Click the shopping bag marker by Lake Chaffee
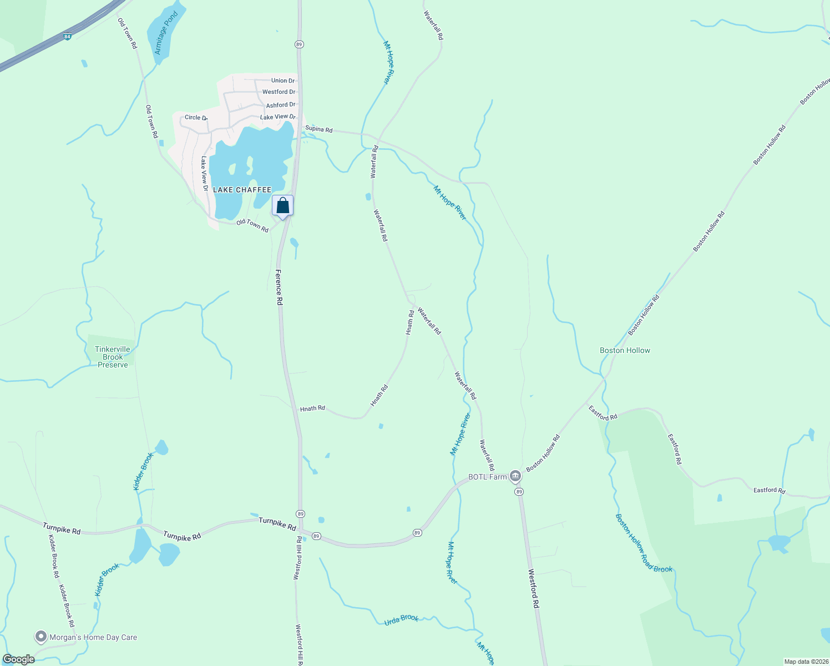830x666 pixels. tap(282, 206)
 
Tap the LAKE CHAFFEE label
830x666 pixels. tap(242, 190)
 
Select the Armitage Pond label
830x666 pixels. tap(166, 33)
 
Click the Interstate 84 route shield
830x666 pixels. tap(68, 37)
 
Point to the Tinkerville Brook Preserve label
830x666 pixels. tap(113, 357)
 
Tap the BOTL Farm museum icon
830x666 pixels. tap(515, 476)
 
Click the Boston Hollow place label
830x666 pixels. tap(625, 350)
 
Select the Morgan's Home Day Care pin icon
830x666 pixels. tap(41, 637)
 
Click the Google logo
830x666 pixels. tap(19, 659)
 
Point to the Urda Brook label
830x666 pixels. tap(401, 619)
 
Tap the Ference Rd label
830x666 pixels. tap(279, 287)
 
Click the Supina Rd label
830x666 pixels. tap(318, 129)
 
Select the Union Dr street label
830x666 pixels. tap(283, 80)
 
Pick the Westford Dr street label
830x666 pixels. tap(279, 92)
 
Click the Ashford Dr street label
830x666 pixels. tap(281, 105)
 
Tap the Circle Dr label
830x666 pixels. tap(195, 118)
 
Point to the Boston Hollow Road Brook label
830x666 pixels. tap(644, 543)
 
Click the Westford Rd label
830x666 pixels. tap(533, 589)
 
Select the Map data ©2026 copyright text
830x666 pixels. tap(806, 662)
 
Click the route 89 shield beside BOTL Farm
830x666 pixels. tap(519, 492)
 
